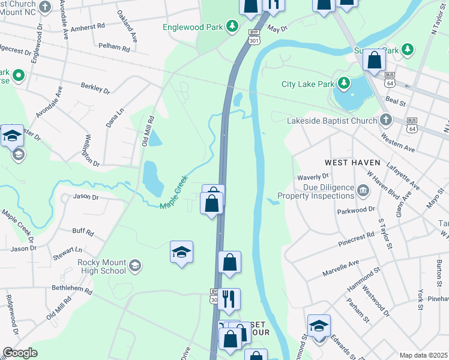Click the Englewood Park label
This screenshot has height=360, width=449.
[x=193, y=27]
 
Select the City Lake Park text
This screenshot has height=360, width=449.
[x=307, y=84]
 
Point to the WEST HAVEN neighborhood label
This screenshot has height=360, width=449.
[x=352, y=163]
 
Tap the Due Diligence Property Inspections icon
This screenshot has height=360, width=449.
[x=364, y=191]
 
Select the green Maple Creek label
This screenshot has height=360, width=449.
[x=174, y=192]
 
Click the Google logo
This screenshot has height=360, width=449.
[x=19, y=352]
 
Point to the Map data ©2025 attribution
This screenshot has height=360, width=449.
[x=423, y=355]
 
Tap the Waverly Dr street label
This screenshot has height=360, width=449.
[x=314, y=176]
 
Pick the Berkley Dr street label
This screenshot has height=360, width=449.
[x=95, y=90]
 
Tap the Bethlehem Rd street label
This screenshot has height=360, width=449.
[x=72, y=290]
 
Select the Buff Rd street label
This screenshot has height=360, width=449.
[x=83, y=231]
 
